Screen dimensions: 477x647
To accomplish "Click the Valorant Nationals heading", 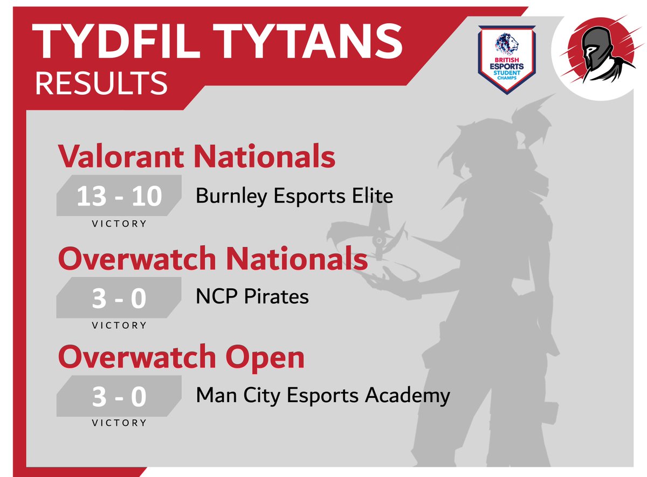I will pyautogui.click(x=197, y=157).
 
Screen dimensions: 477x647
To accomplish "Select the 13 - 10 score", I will pyautogui.click(x=119, y=197).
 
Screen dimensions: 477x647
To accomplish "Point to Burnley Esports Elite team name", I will pyautogui.click(x=294, y=196).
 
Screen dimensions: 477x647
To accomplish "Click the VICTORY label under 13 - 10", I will pyautogui.click(x=119, y=224).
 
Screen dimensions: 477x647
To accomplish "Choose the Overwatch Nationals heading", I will pyautogui.click(x=213, y=259).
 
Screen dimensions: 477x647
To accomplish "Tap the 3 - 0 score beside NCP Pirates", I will pyautogui.click(x=119, y=299).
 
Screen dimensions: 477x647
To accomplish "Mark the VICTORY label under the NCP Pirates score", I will pyautogui.click(x=119, y=326).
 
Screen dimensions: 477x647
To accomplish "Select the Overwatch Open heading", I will pyautogui.click(x=181, y=357).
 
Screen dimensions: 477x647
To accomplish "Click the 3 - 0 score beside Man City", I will pyautogui.click(x=119, y=397).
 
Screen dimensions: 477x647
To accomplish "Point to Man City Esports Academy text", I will pyautogui.click(x=323, y=396).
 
